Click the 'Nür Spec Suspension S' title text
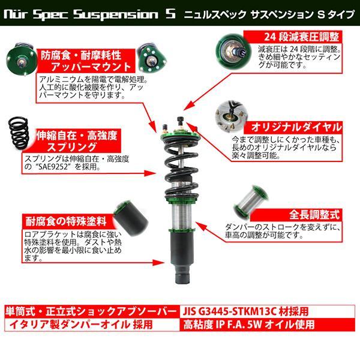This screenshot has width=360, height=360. pos(90,14)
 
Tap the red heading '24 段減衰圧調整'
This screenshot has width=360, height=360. pos(301,37)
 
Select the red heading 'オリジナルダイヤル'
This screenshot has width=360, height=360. pos(296,127)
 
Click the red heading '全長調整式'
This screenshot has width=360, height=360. pos(314,215)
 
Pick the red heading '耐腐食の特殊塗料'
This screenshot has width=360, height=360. pos(66,221)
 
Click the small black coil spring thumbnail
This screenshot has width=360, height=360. pos(19,133)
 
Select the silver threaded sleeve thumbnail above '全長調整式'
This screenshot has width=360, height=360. pos(251,201)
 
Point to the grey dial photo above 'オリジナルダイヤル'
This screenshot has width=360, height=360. pos(231,117)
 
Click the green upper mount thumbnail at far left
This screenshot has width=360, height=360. pos(21,59)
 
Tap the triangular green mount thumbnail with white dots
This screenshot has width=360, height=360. pos(152,58)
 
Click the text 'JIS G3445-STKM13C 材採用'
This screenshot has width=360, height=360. pos(245,311)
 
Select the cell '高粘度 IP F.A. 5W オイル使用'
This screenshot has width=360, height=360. pos(267,325)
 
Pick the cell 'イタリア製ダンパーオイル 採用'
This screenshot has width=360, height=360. pos(92,325)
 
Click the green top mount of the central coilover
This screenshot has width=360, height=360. pos(181,134)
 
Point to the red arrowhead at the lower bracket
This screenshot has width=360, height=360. pos(159,262)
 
